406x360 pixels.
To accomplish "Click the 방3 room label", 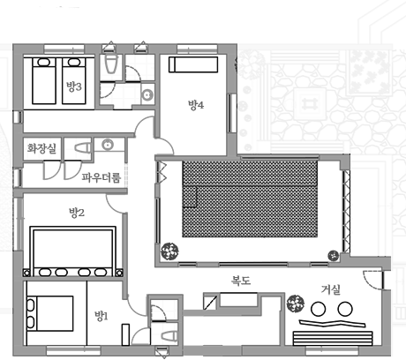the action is click(x=74, y=86).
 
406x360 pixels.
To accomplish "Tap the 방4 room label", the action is click(x=196, y=105).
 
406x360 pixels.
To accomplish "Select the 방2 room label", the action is click(x=77, y=213).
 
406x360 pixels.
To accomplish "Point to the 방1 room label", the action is click(x=101, y=316).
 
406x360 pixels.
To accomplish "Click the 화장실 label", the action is click(x=41, y=148).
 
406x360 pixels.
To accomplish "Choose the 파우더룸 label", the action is click(x=101, y=177).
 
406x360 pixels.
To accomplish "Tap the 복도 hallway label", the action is click(x=241, y=281).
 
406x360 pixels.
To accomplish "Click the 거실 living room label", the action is click(x=331, y=289).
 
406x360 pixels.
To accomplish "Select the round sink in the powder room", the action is click(x=108, y=145).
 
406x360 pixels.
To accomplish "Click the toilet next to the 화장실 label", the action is click(x=83, y=148).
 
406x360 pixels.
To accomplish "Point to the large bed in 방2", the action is click(x=72, y=251).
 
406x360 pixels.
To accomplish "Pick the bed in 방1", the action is click(x=49, y=313).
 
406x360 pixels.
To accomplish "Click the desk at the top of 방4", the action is click(x=193, y=64).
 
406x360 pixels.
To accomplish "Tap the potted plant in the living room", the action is click(x=296, y=304).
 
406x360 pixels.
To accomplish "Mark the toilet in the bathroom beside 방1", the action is click(x=169, y=335).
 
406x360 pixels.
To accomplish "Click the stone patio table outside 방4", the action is click(x=310, y=104).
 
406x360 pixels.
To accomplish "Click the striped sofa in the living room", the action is click(x=333, y=338).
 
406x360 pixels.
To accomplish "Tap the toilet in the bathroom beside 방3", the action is click(x=111, y=64).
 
